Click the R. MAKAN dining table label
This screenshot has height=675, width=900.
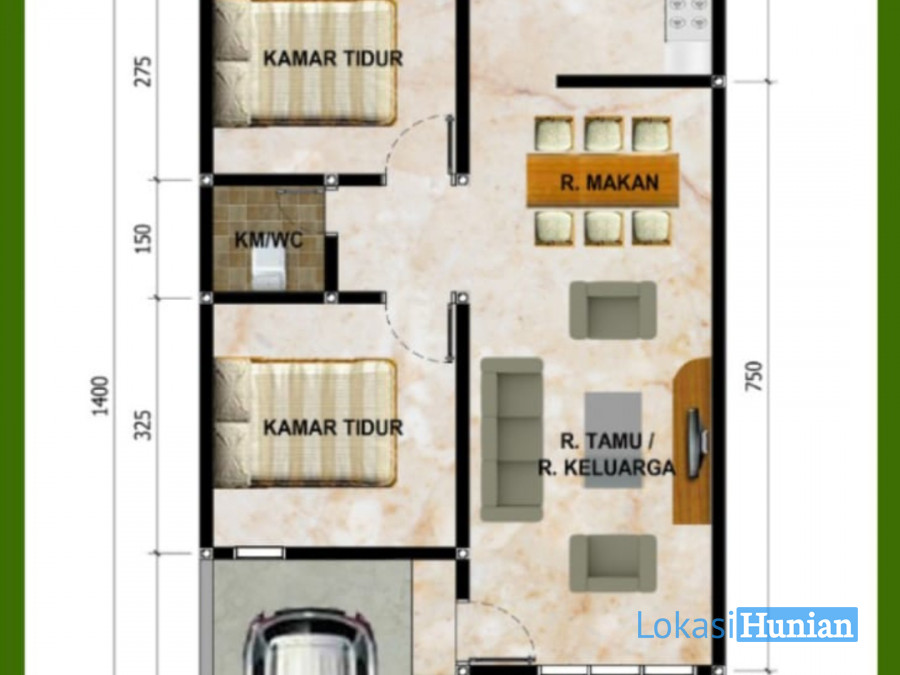point(609,183)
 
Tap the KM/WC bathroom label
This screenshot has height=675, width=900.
point(269,239)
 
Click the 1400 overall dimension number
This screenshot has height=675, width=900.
point(100,395)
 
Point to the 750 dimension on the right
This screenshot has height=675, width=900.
point(755,376)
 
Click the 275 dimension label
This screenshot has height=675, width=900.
point(143,71)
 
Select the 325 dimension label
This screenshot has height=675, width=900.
point(143,425)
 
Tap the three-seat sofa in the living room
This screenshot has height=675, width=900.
point(511,439)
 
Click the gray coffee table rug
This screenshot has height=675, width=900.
point(613,440)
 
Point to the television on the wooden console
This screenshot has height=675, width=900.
point(697,443)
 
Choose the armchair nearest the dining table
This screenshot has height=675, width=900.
point(613,310)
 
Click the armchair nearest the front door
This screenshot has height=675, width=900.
point(613,563)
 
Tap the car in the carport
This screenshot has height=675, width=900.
point(310,643)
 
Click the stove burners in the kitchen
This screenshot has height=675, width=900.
point(688,14)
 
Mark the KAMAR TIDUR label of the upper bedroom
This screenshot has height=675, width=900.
point(333,58)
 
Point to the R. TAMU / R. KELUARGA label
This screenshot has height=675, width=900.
point(607,455)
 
